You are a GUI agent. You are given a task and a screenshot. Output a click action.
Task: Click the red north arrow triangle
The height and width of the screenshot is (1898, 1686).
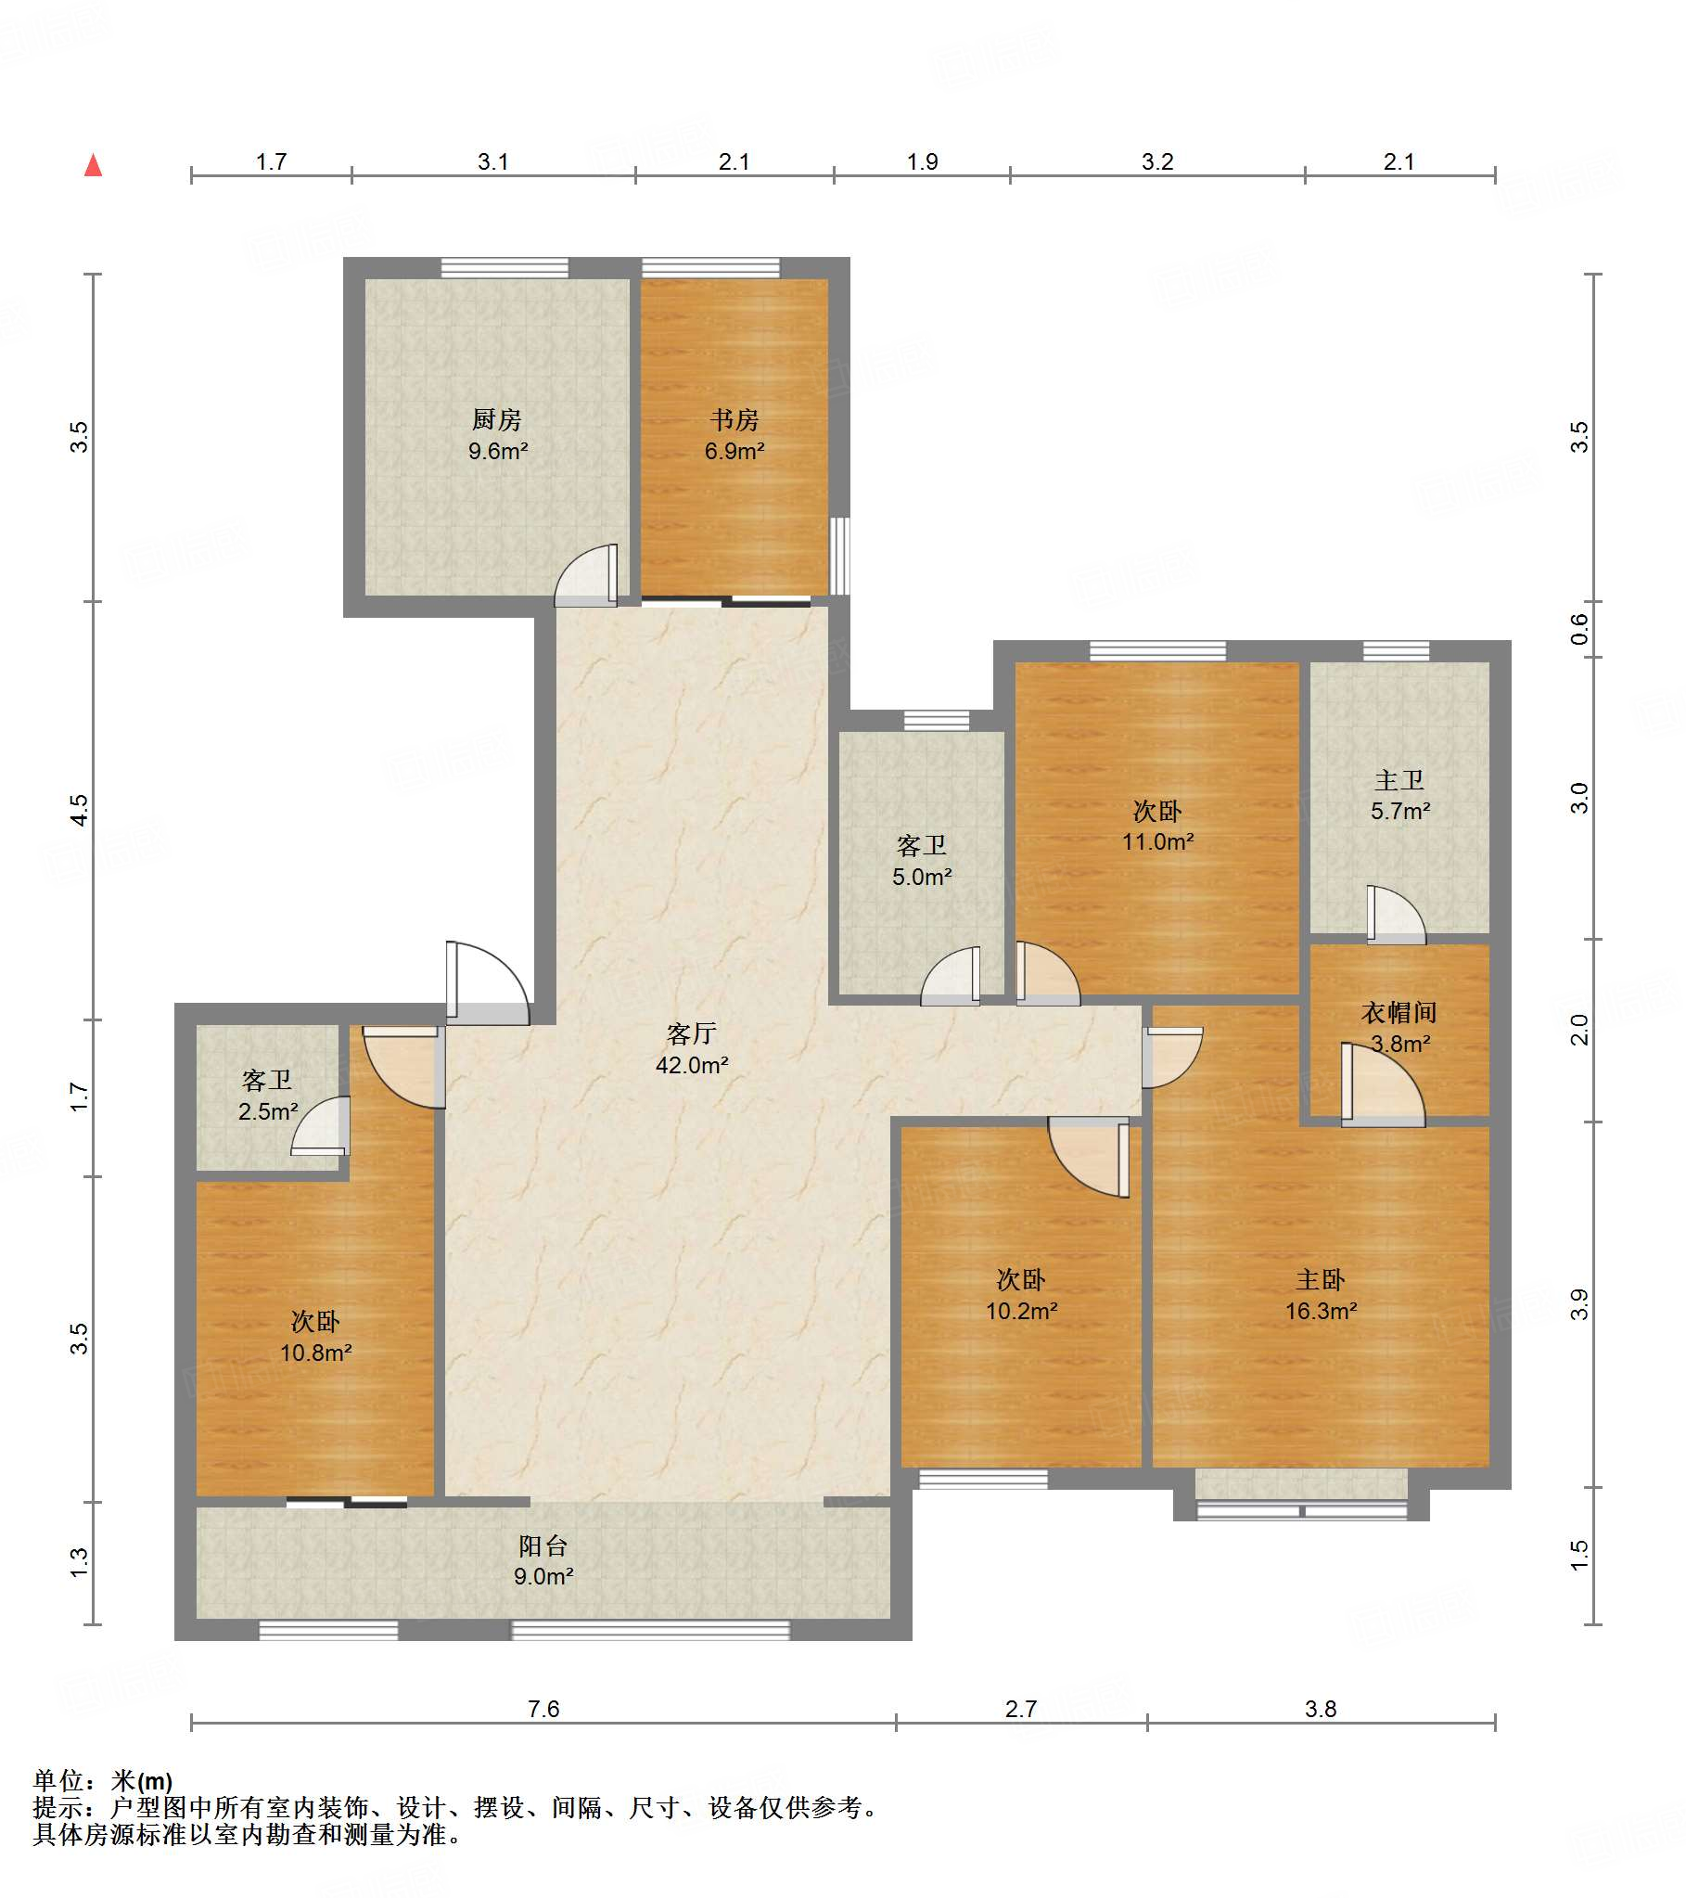tap(93, 165)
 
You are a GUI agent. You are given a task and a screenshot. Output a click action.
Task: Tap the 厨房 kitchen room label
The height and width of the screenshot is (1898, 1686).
tap(497, 419)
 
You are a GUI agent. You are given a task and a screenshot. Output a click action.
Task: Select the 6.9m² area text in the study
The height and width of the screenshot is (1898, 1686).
tap(734, 451)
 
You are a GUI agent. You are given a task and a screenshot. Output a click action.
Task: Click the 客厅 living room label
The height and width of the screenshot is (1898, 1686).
tap(692, 1033)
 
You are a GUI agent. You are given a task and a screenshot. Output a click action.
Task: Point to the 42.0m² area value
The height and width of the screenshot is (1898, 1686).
tap(692, 1065)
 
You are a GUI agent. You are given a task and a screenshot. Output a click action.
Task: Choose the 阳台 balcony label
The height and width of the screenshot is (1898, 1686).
tap(543, 1546)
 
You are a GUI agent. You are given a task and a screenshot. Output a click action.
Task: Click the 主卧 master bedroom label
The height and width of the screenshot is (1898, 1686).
tap(1321, 1280)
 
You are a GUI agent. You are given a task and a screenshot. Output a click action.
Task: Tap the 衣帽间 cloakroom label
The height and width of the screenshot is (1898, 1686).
tap(1399, 1012)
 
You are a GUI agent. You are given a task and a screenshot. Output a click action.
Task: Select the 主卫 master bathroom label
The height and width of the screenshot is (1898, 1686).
tap(1399, 780)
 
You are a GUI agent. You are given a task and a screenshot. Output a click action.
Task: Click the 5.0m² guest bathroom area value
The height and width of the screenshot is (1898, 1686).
tap(922, 877)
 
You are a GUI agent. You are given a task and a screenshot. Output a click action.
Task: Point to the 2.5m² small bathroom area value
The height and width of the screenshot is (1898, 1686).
tap(267, 1111)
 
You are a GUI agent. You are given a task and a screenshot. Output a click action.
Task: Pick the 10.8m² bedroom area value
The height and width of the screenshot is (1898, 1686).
tap(315, 1353)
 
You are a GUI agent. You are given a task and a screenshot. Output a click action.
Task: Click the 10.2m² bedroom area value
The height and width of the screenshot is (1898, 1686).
tap(1021, 1311)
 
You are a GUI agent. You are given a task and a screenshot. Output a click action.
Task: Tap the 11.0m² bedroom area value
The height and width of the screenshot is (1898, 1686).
tap(1157, 842)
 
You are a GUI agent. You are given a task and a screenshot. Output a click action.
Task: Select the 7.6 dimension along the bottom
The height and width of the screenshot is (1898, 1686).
tap(543, 1709)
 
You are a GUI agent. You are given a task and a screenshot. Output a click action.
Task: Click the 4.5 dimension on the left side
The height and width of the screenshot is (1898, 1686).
tap(80, 810)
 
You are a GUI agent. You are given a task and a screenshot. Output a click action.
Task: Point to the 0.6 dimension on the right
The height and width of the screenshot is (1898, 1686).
tap(1579, 630)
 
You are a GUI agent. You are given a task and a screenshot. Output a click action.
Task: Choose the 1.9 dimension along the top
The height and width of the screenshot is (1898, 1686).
tap(922, 161)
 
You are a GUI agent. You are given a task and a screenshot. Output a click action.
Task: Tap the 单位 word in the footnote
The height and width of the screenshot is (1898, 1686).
tap(57, 1780)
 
